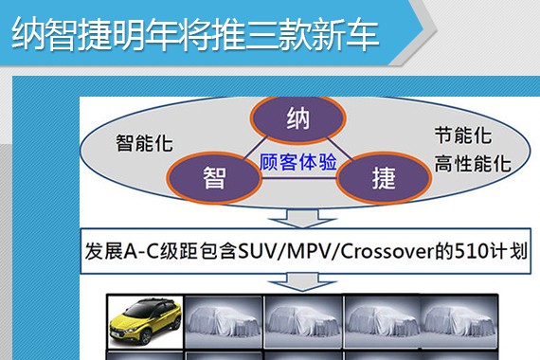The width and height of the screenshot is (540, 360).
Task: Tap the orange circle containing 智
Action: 215,177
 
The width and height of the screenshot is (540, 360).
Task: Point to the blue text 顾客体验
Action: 298,162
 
